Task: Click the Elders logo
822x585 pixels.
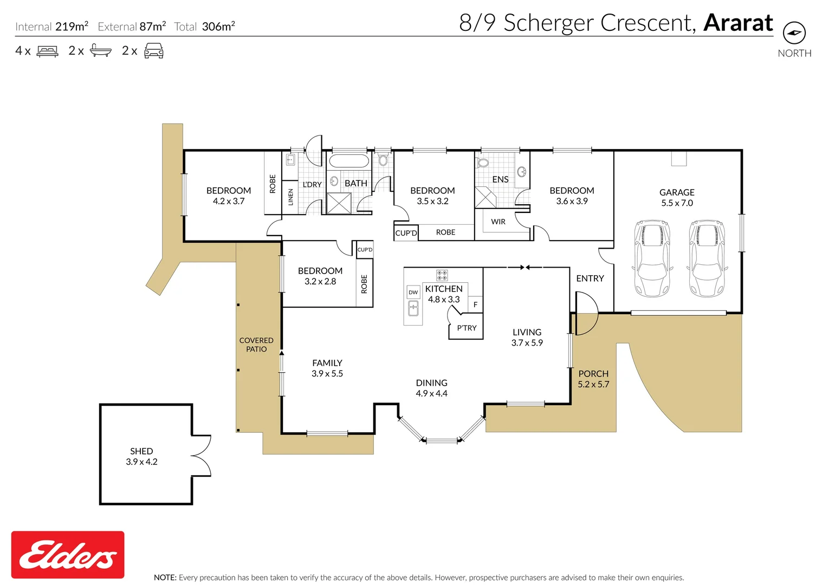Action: (x=68, y=555)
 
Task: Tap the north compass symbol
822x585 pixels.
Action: (x=794, y=33)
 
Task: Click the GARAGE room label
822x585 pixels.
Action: (x=677, y=192)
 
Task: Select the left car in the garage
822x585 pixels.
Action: (x=652, y=258)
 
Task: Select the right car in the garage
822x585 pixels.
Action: (x=707, y=258)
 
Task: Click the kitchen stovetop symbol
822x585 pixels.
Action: (x=442, y=275)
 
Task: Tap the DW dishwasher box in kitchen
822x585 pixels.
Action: (x=413, y=292)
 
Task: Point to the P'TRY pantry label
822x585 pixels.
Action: (x=467, y=328)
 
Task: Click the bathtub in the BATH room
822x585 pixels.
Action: (x=349, y=161)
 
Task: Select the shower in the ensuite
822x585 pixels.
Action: (x=486, y=197)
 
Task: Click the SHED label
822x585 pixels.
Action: (x=141, y=451)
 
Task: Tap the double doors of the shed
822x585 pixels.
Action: (x=202, y=456)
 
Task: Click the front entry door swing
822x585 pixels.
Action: (x=585, y=314)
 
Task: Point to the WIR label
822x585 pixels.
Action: (x=498, y=222)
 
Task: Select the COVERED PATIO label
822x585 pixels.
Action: (x=256, y=344)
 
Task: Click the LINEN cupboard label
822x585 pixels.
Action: (x=290, y=197)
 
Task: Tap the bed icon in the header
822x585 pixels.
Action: (x=48, y=51)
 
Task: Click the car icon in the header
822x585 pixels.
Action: (x=154, y=51)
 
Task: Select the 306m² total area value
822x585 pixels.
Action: (x=218, y=27)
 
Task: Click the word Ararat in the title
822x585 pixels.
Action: (x=738, y=23)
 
